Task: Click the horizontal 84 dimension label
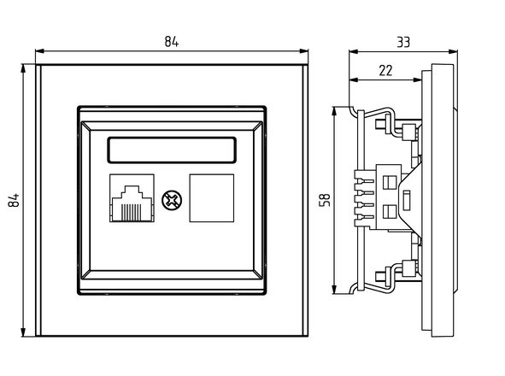coord(172,42)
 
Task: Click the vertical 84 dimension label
coord(14,200)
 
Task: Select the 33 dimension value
coord(403,42)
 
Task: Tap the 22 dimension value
coord(385,70)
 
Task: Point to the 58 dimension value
coord(325,200)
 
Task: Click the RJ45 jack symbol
coord(132,198)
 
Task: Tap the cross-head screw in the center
coord(172,200)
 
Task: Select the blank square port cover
coord(212,198)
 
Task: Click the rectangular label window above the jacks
coord(172,150)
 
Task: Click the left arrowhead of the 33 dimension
coord(353,51)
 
